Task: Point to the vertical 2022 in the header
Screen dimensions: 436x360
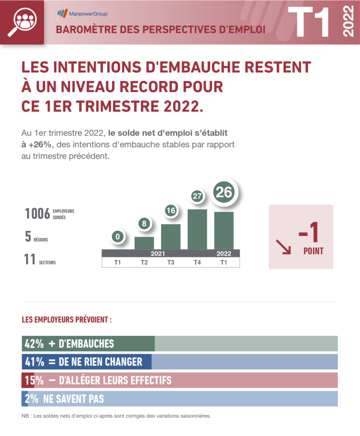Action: pos(348,22)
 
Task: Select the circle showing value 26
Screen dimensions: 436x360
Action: pos(224,193)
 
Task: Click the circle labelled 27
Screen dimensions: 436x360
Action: pos(197,196)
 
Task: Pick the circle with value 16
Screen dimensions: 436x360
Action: pos(170,211)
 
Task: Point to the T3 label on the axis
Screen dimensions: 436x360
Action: pos(170,262)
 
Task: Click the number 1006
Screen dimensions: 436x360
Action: pos(37,213)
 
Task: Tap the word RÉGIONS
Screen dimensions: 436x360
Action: pos(41,240)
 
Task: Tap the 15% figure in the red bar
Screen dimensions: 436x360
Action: pos(34,380)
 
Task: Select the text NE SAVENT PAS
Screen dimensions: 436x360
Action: pos(74,399)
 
